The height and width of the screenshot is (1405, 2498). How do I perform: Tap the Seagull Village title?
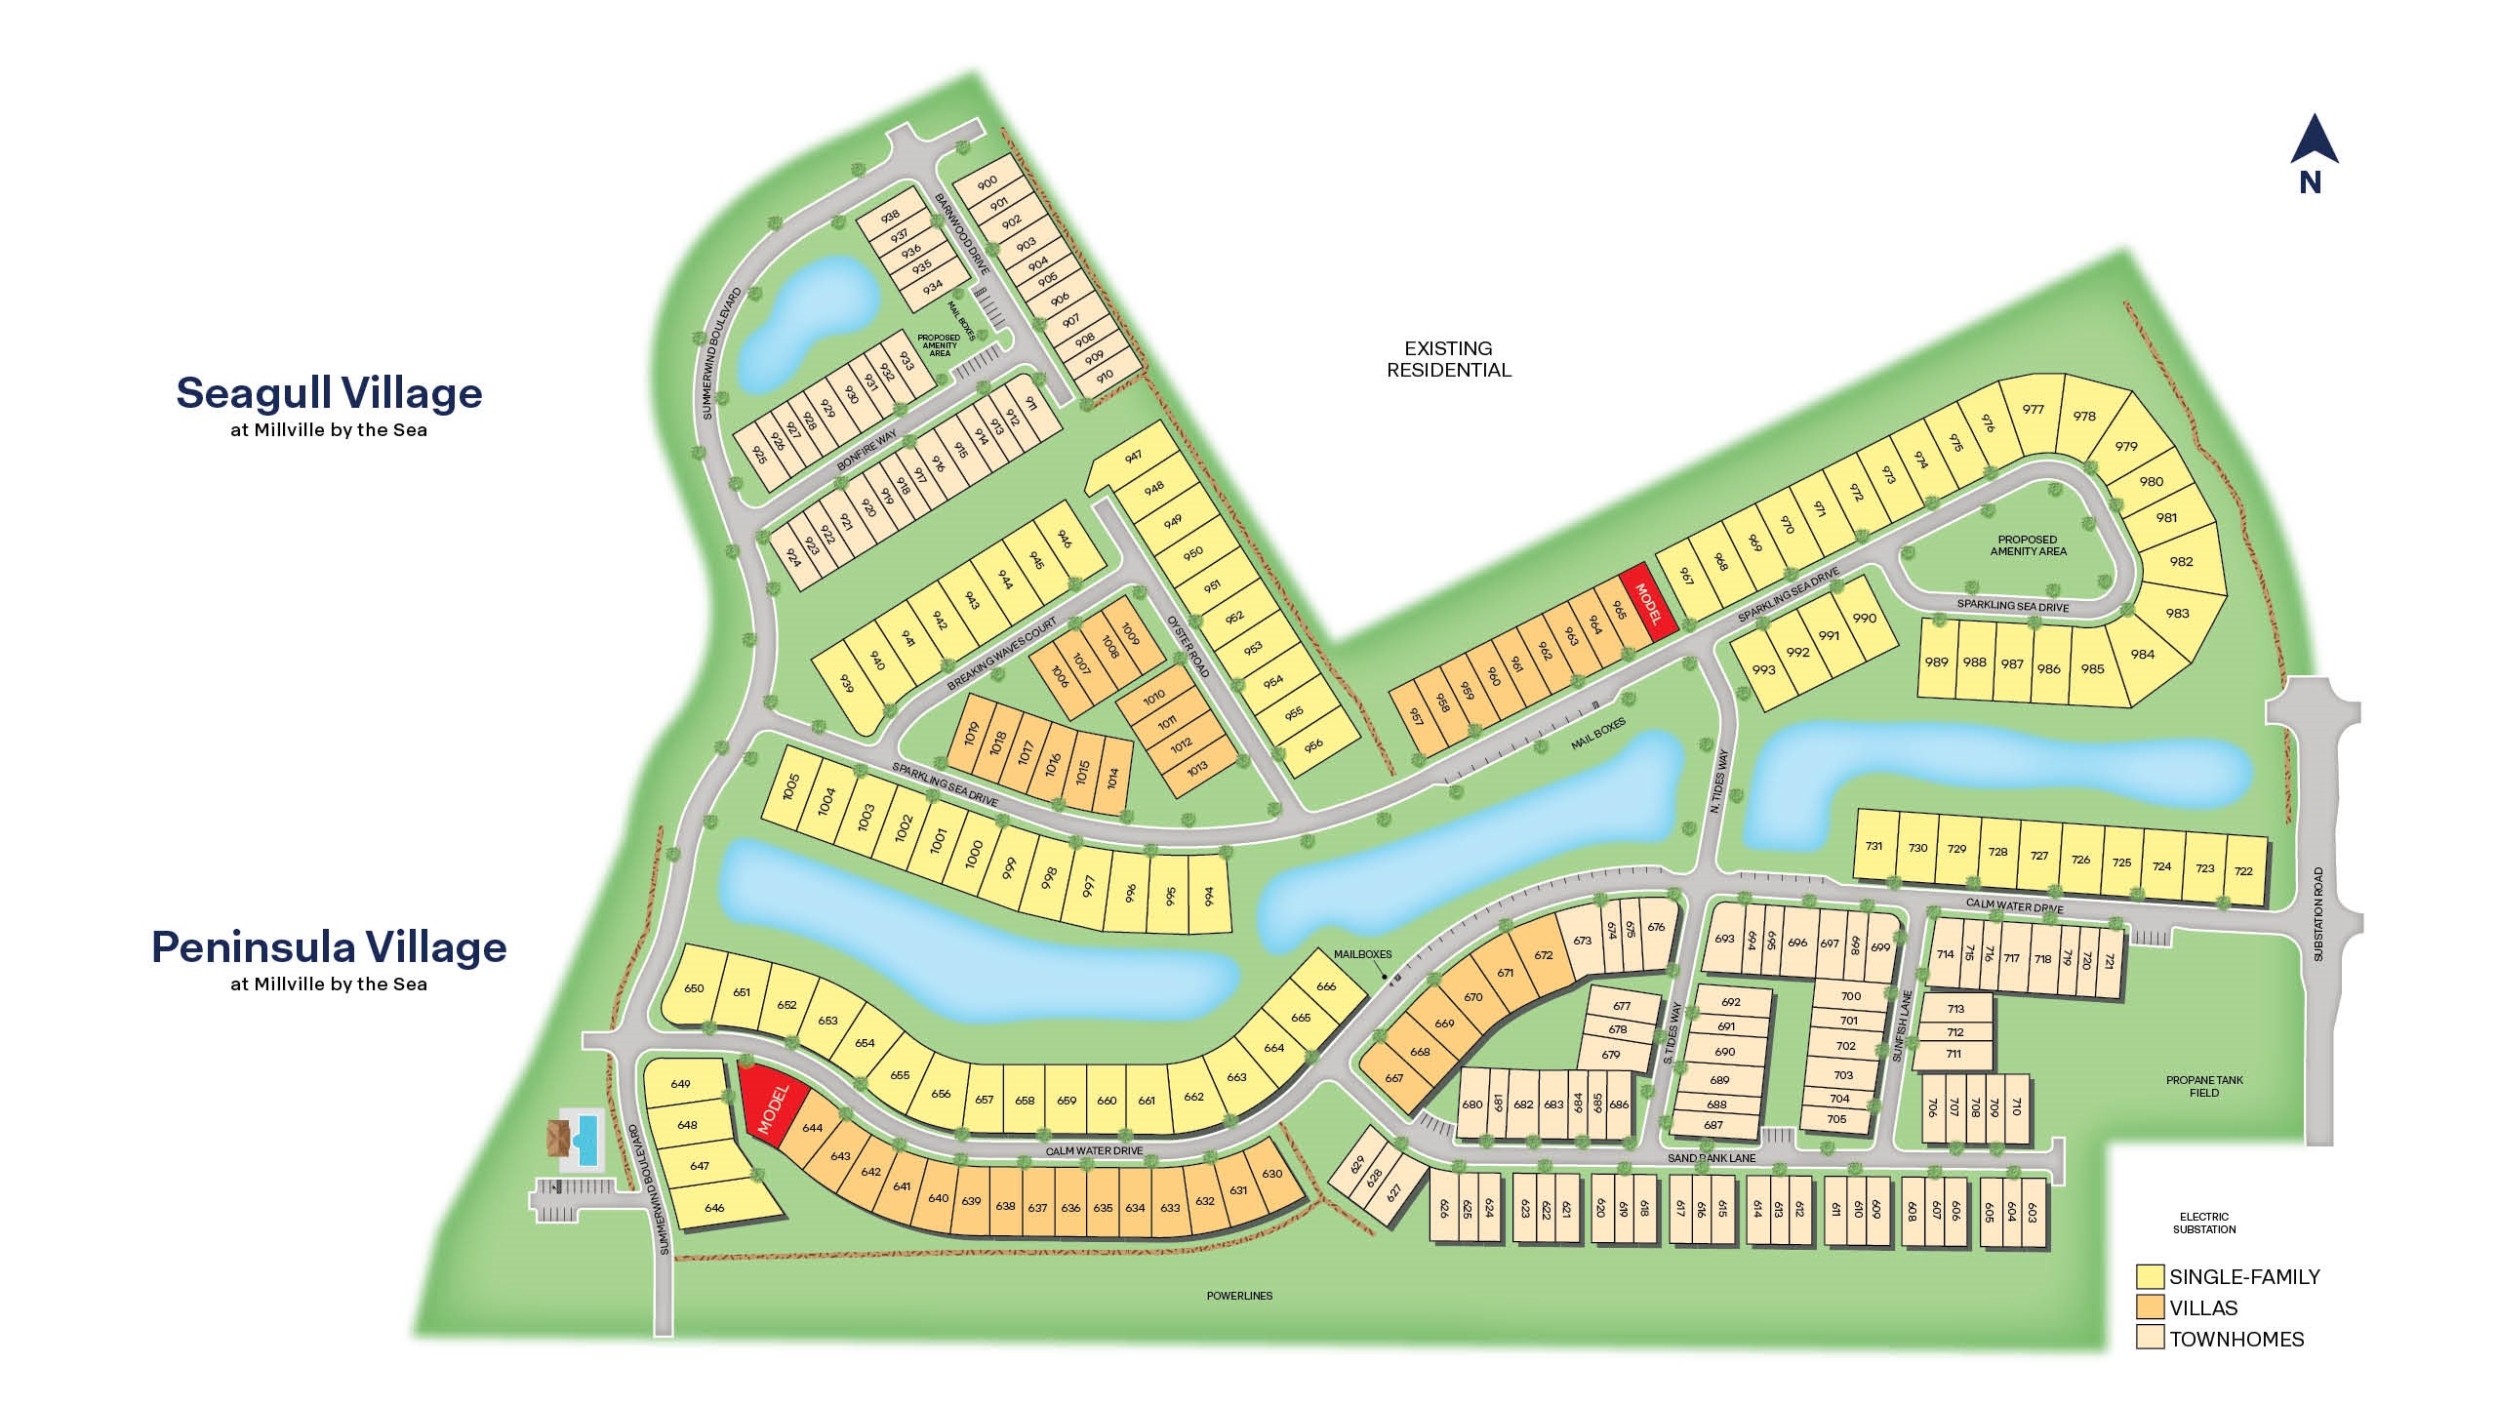pos(330,393)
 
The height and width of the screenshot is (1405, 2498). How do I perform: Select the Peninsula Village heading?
pos(330,947)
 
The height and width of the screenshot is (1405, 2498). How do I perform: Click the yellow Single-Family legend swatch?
pos(2149,1276)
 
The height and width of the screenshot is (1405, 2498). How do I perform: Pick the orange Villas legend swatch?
pos(2149,1307)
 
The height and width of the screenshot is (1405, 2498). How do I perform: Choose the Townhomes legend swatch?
pos(2149,1339)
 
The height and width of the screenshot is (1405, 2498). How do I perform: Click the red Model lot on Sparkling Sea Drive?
pos(1648,604)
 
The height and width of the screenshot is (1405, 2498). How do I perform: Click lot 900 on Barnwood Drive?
pos(987,182)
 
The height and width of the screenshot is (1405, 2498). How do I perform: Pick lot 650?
pos(694,988)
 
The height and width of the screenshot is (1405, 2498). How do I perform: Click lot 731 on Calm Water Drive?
pos(1873,847)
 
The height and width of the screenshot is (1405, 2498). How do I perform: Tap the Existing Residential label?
pos(1449,359)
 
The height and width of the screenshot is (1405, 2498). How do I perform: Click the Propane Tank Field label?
pos(2204,1086)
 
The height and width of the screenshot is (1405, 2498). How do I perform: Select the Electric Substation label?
pos(2204,1223)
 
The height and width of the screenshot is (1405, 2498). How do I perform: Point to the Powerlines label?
pos(1239,1296)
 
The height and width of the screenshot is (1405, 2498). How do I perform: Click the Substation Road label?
pos(2318,914)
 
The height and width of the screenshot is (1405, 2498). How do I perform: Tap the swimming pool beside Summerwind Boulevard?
pos(586,1138)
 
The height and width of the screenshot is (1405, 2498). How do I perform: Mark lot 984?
pos(2142,655)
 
